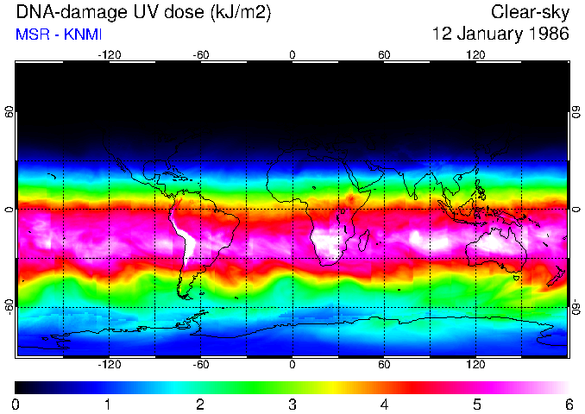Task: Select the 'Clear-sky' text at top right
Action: click(x=530, y=13)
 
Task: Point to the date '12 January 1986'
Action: click(x=500, y=34)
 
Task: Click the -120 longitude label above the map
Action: click(x=109, y=55)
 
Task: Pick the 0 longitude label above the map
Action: click(x=292, y=55)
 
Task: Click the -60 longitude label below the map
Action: click(x=201, y=364)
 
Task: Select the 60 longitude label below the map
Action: click(x=385, y=364)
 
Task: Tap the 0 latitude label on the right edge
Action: click(x=576, y=210)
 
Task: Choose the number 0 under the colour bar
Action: click(x=16, y=404)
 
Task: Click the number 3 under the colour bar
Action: click(x=292, y=404)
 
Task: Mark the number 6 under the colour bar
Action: click(x=569, y=404)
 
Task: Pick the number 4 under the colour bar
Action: click(x=385, y=404)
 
